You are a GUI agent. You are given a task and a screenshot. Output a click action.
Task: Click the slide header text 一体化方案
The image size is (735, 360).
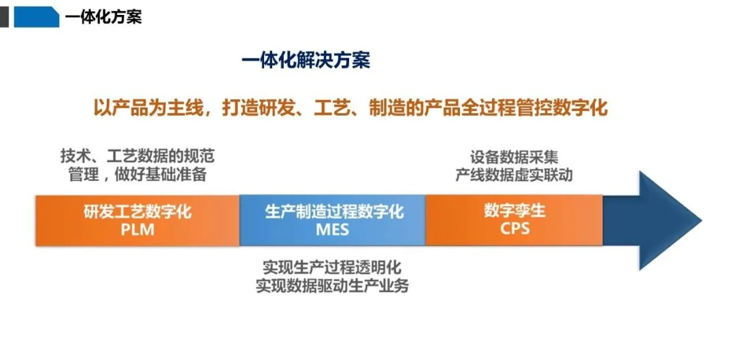103,18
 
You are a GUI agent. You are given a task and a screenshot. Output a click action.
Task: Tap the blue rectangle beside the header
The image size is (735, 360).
37,17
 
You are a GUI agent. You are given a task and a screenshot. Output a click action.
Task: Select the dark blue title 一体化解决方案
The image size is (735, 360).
306,61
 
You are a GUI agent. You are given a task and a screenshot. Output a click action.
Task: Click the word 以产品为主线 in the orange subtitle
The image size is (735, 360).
148,108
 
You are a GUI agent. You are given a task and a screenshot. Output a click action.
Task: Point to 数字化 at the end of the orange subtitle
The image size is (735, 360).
580,108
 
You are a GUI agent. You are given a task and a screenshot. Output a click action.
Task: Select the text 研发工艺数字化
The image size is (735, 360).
137,212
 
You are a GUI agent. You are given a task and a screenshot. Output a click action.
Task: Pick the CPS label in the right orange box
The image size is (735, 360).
514,229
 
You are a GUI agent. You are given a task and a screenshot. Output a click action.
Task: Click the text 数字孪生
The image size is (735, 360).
514,211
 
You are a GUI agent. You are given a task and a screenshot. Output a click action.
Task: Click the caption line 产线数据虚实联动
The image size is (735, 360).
514,176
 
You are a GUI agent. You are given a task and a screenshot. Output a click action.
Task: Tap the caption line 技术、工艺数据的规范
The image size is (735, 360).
137,156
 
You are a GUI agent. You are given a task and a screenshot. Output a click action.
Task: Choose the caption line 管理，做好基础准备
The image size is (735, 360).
137,175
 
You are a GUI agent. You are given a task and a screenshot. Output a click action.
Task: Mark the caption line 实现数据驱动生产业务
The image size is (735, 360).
332,285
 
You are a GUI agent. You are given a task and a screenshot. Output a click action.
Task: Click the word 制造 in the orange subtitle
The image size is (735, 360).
388,108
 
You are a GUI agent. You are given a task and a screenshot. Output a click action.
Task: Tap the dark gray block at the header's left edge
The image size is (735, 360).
4,17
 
